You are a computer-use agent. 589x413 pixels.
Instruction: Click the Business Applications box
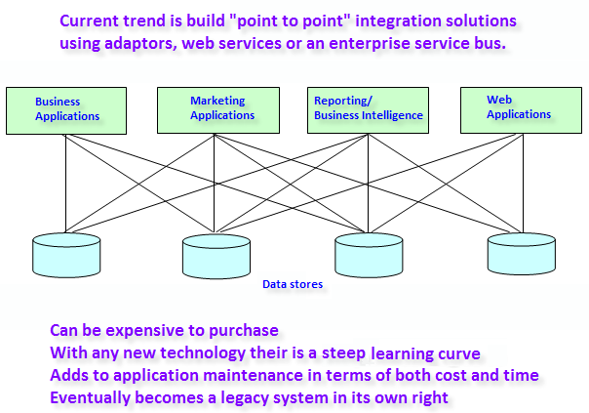[66, 111]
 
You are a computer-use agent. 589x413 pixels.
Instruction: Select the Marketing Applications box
[218, 110]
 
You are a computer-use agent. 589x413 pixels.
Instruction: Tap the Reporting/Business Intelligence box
[369, 110]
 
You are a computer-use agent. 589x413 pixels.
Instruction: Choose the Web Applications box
[521, 110]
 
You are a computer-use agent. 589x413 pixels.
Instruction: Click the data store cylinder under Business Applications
[66, 255]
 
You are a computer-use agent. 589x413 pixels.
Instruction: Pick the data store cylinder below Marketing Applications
[216, 256]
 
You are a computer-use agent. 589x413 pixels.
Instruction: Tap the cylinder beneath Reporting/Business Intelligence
[369, 255]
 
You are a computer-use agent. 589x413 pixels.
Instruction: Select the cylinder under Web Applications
[522, 253]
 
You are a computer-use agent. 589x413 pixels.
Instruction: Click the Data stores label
[293, 284]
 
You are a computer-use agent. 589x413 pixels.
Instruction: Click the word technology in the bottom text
[203, 353]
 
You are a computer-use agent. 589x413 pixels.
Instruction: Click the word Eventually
[90, 398]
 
